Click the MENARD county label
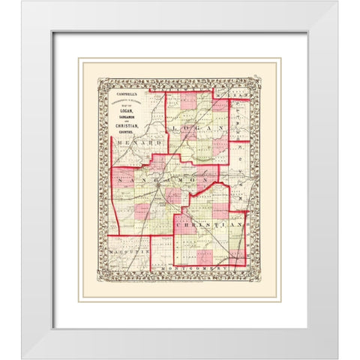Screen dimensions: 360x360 point(130,141)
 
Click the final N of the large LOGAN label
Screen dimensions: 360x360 point(223,129)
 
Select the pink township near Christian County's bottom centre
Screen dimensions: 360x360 point(204,256)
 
